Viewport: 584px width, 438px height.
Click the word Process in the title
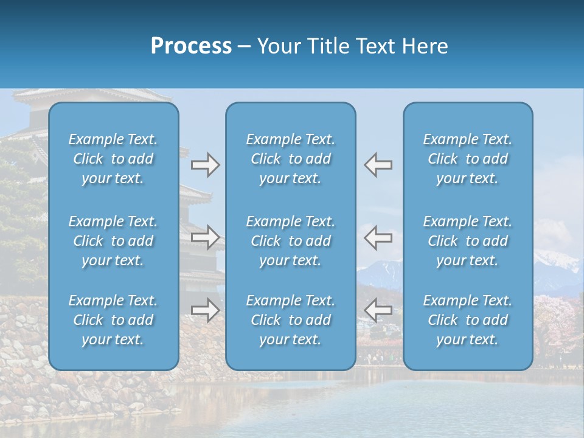(x=191, y=46)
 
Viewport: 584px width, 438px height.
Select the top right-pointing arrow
(x=205, y=165)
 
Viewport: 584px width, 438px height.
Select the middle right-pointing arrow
(x=205, y=237)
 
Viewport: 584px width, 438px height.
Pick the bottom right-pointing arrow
(x=205, y=310)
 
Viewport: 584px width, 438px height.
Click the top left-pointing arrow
(x=378, y=165)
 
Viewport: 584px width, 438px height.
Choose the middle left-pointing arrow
(x=378, y=237)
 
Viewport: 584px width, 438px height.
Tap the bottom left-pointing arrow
(x=378, y=310)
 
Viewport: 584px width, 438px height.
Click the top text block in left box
(x=113, y=159)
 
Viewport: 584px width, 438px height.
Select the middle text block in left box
(x=113, y=241)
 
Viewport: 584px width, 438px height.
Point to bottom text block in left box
(x=113, y=320)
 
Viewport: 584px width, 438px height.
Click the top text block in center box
(x=290, y=159)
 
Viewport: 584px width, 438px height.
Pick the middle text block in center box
(x=290, y=241)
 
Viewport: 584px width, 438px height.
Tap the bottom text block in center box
(x=290, y=320)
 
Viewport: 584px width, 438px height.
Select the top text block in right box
(x=467, y=159)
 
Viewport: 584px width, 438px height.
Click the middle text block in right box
(x=467, y=241)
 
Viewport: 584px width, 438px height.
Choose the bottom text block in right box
(x=467, y=320)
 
